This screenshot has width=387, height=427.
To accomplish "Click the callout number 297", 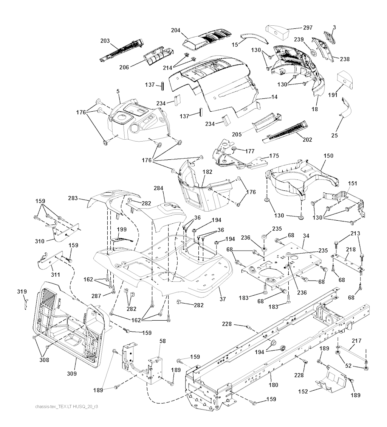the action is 308,28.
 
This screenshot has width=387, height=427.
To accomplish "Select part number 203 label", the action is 105,41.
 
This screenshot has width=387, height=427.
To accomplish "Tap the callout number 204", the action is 176,30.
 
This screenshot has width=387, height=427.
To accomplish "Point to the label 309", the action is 72,374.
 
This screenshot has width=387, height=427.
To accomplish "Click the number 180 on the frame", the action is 273,385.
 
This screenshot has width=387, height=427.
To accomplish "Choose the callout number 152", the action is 303,391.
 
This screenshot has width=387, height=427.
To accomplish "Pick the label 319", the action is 22,291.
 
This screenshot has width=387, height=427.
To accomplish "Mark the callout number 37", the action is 223,299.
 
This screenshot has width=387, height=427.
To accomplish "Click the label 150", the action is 328,156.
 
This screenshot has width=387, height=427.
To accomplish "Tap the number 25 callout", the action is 334,135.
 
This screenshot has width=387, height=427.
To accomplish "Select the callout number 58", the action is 163,341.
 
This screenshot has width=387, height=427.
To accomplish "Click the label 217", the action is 356,340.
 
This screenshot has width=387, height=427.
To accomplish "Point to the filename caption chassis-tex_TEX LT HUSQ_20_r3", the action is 67,407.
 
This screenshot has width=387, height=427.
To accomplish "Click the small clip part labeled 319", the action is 26,303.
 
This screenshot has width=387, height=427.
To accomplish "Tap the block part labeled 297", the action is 277,33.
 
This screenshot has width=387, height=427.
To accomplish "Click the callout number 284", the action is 159,188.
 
